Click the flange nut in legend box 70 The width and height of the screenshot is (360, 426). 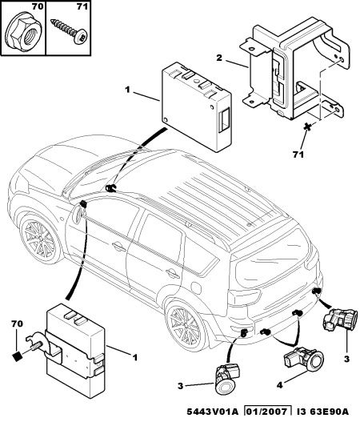[x=23, y=34]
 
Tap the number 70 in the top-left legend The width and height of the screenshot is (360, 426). [x=37, y=6]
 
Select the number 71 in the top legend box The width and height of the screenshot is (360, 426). [x=82, y=6]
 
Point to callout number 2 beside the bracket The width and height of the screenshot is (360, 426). [x=219, y=58]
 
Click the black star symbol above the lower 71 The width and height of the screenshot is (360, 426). [x=307, y=127]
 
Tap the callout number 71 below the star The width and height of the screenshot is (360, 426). [x=298, y=155]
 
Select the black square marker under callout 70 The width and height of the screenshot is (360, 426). [x=17, y=356]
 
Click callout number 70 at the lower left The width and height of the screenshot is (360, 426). [x=17, y=324]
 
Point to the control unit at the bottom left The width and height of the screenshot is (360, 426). [x=75, y=351]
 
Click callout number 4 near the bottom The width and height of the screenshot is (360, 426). [x=280, y=385]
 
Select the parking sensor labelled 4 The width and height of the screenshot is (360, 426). [x=303, y=359]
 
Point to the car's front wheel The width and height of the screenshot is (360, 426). [x=39, y=239]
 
